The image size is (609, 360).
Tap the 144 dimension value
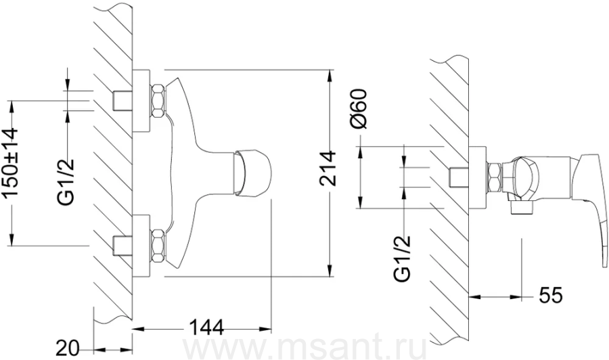click(x=206, y=328)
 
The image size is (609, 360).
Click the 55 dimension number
click(x=550, y=296)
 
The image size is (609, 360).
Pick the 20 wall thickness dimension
click(x=68, y=348)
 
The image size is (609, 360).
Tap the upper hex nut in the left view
click(x=158, y=101)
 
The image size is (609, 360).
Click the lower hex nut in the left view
click(x=158, y=246)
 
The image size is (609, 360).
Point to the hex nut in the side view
click(x=494, y=177)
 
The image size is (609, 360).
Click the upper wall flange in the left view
click(x=141, y=101)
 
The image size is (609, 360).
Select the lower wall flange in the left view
click(x=141, y=246)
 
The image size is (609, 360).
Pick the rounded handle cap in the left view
click(x=252, y=171)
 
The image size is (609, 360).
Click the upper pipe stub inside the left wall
click(x=122, y=101)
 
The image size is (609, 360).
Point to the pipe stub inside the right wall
click(x=459, y=177)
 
